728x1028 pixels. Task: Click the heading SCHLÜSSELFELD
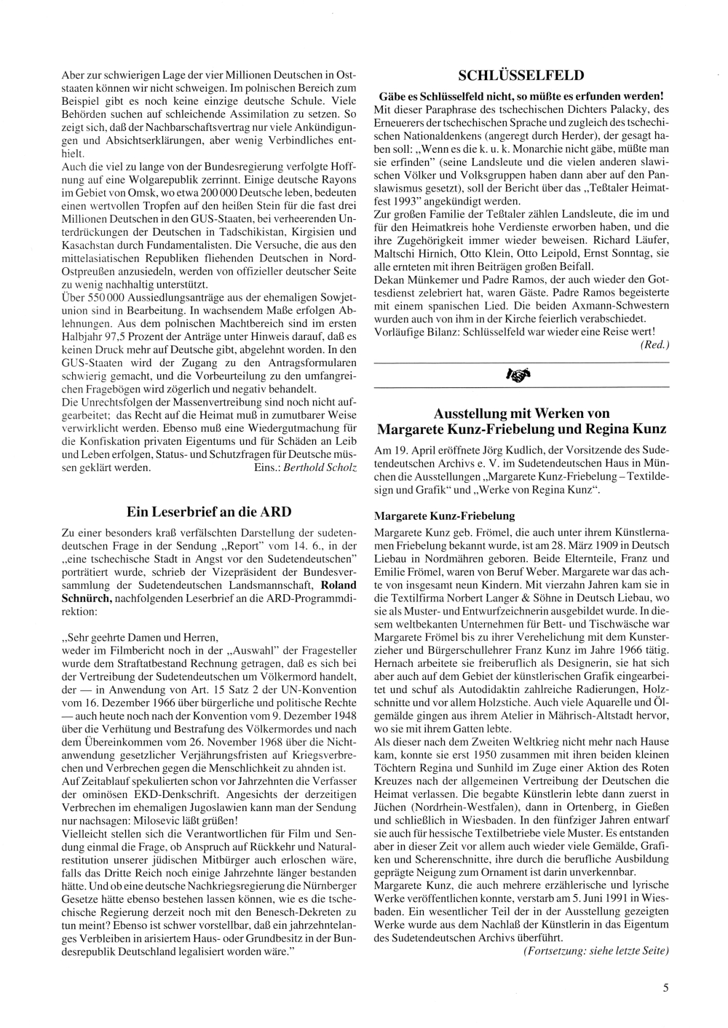click(521, 76)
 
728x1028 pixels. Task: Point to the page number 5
click(665, 987)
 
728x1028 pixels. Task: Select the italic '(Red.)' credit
click(654, 344)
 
